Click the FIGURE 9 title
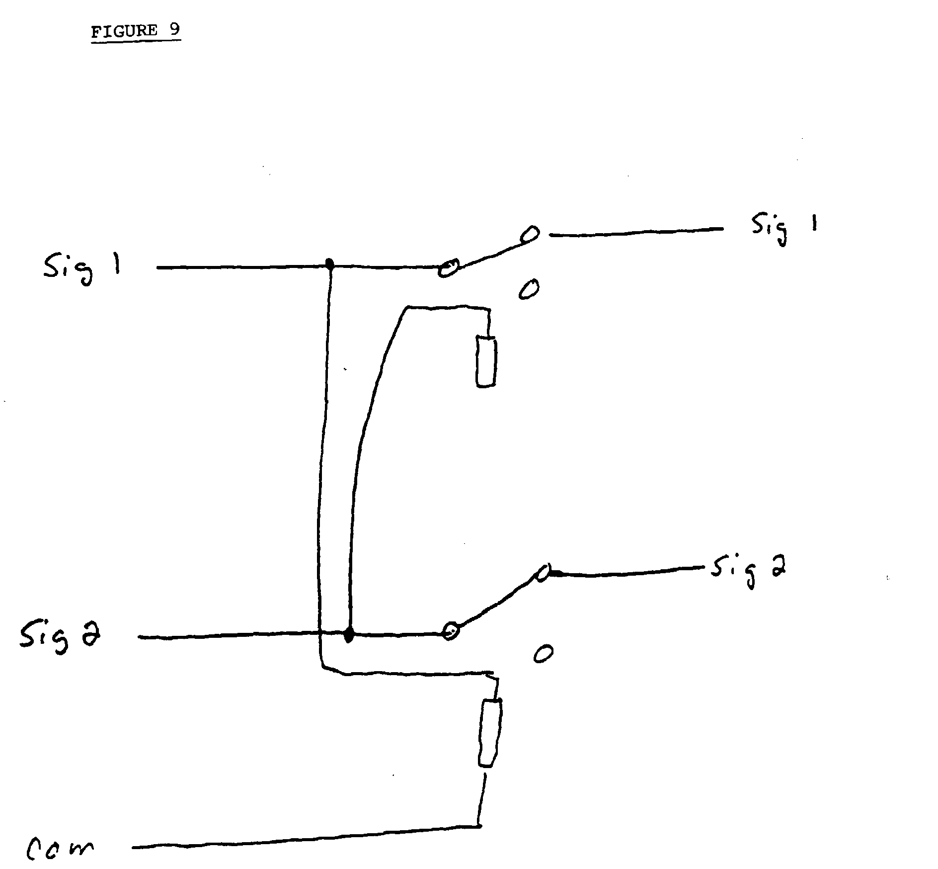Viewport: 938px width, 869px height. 135,31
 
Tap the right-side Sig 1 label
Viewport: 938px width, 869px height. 784,229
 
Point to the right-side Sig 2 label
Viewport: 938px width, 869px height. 749,571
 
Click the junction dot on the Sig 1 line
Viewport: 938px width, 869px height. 328,263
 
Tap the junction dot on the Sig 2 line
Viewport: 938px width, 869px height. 349,635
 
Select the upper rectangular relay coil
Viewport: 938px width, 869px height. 485,361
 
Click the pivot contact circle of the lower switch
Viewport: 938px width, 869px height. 451,630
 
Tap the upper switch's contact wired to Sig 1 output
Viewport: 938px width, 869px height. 531,234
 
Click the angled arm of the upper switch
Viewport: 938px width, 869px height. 487,253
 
